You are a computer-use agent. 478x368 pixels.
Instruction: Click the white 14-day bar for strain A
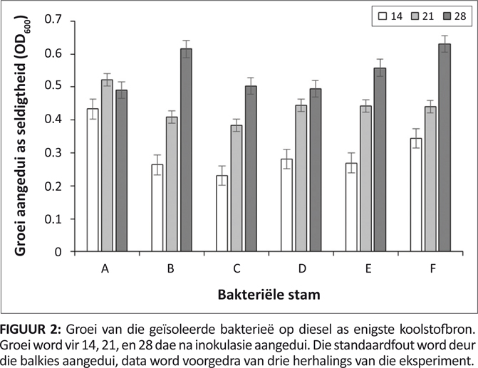point(93,181)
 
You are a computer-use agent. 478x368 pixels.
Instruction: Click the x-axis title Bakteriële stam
point(268,293)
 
